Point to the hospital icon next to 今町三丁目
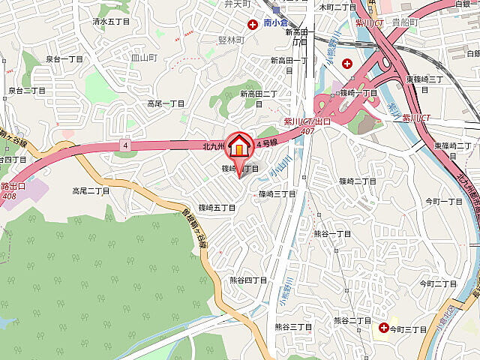[x=383, y=328]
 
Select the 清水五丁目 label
[x=111, y=22]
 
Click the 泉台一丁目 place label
[x=64, y=58]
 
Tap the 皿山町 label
[x=143, y=57]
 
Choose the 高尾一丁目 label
[x=166, y=103]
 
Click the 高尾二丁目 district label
[x=91, y=191]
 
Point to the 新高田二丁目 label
[x=259, y=94]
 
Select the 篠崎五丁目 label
[x=217, y=206]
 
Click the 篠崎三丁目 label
[x=277, y=193]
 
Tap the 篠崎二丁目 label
[x=357, y=181]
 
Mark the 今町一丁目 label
[x=444, y=202]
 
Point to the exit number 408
[x=9, y=196]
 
